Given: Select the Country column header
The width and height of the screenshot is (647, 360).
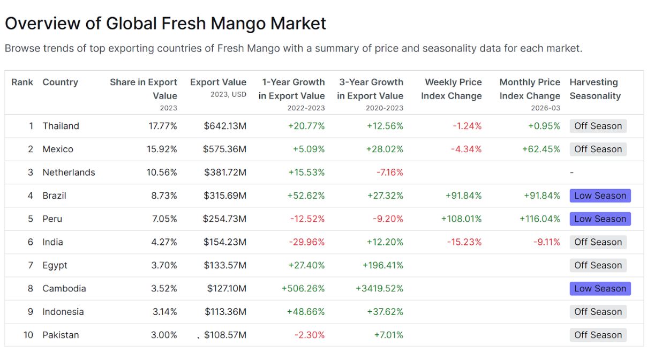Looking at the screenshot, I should coord(60,82).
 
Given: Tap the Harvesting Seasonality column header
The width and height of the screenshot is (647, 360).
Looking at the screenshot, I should coord(595,89).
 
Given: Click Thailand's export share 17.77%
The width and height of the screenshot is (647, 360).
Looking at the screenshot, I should coord(163,126).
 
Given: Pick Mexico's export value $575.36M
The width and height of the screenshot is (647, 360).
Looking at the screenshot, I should coord(224,149).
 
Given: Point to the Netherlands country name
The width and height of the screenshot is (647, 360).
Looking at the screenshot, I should coord(69,172).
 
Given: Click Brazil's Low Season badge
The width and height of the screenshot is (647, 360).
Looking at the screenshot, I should coord(600,196).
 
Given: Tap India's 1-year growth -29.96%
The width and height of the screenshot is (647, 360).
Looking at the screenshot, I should coord(307,242).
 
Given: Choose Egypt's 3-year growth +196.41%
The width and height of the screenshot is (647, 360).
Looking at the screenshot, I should coord(383,265).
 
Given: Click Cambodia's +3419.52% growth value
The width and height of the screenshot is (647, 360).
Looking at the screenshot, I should coord(379,288).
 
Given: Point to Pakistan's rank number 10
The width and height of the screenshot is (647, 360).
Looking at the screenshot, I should coord(28,335).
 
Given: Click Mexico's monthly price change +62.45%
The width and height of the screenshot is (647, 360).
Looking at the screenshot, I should coord(541,149).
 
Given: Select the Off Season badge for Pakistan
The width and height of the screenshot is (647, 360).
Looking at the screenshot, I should coord(598,335).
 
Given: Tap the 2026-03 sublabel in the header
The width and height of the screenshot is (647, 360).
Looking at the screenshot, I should coord(545,108).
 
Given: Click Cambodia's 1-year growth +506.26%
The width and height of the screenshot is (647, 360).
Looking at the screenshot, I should coord(303,288).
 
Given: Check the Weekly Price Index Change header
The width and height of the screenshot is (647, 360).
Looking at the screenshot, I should coord(451,89).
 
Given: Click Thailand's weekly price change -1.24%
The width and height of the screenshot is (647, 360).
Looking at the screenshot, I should coord(467,126).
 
